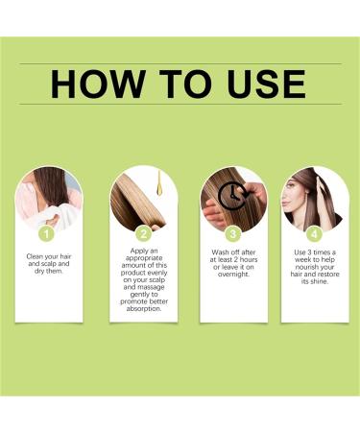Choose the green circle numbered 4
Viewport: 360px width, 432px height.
pos(314,232)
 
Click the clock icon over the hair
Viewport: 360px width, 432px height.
pos(229,195)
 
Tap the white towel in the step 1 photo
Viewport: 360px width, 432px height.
pos(45,205)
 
